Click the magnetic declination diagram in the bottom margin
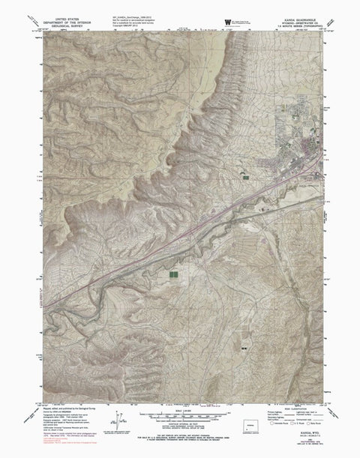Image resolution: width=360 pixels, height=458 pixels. point(118,420)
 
